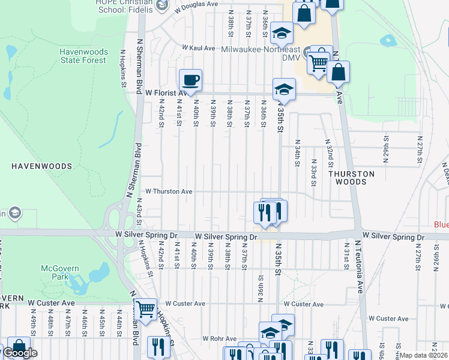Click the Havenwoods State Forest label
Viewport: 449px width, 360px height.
(83, 56)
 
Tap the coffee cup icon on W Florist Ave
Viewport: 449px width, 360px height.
(190, 80)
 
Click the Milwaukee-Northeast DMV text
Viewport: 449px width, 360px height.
(262, 50)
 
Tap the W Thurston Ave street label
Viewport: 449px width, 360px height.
(169, 191)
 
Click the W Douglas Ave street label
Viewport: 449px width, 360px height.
(196, 4)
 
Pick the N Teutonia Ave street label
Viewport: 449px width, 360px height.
(360, 265)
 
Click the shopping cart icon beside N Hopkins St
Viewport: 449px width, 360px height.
(145, 310)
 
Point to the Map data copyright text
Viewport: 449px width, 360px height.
(423, 355)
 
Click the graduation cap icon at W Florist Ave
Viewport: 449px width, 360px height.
(284, 90)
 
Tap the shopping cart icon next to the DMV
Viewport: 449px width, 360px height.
(318, 62)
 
